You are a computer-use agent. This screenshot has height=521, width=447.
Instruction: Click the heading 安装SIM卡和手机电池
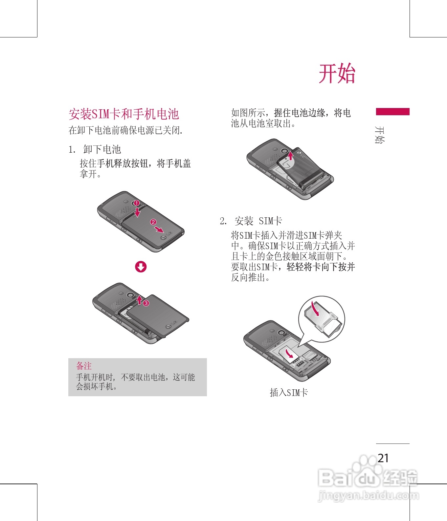[124, 114]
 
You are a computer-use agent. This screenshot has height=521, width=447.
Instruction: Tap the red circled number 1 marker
[136, 203]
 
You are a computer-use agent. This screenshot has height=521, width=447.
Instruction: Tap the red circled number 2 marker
[153, 222]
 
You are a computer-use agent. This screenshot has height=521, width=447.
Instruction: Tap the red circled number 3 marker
[146, 303]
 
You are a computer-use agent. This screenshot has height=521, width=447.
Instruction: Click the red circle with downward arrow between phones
[141, 267]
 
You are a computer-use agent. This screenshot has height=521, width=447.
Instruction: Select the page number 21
[383, 458]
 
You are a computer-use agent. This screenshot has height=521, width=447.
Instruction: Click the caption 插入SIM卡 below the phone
[289, 392]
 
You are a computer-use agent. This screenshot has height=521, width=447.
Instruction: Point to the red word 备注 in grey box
[84, 366]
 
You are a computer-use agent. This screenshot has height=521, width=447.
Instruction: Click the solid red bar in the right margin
[393, 112]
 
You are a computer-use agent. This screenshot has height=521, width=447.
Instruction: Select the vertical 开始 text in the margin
[380, 135]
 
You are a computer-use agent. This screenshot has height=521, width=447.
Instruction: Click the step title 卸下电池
[102, 149]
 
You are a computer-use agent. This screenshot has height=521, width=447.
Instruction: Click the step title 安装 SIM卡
[258, 221]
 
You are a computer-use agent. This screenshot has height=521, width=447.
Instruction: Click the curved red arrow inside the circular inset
[316, 309]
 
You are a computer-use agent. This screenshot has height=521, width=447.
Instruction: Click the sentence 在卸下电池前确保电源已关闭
[125, 130]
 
